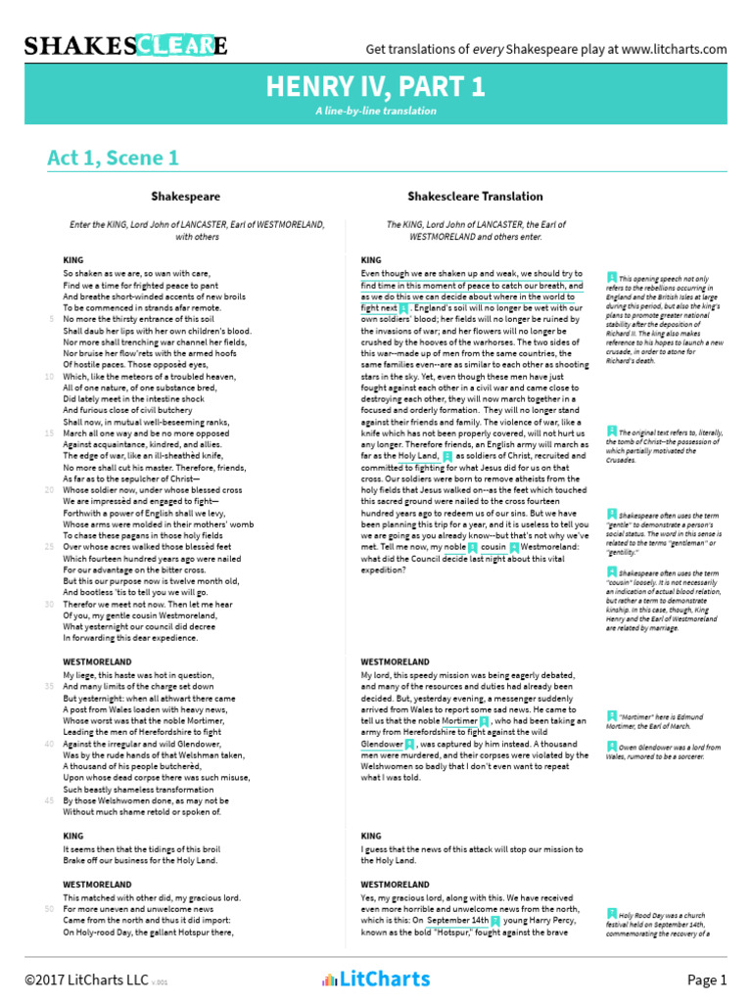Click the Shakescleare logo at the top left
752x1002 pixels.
click(125, 45)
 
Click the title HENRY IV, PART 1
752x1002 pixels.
click(376, 88)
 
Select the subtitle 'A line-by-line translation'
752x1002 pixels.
click(376, 112)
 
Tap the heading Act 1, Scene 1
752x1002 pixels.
click(113, 158)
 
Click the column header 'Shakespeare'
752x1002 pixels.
click(185, 196)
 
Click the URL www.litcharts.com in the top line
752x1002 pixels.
click(674, 49)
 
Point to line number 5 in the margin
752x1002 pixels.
click(52, 319)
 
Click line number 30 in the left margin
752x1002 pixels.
click(49, 604)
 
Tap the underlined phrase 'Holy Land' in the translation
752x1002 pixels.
click(417, 456)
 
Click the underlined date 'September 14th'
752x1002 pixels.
click(457, 921)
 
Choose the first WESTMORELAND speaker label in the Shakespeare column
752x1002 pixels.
click(97, 662)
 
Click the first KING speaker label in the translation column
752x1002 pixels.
click(371, 260)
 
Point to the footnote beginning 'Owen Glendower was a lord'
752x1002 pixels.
click(667, 752)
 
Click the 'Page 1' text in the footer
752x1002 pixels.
click(707, 979)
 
